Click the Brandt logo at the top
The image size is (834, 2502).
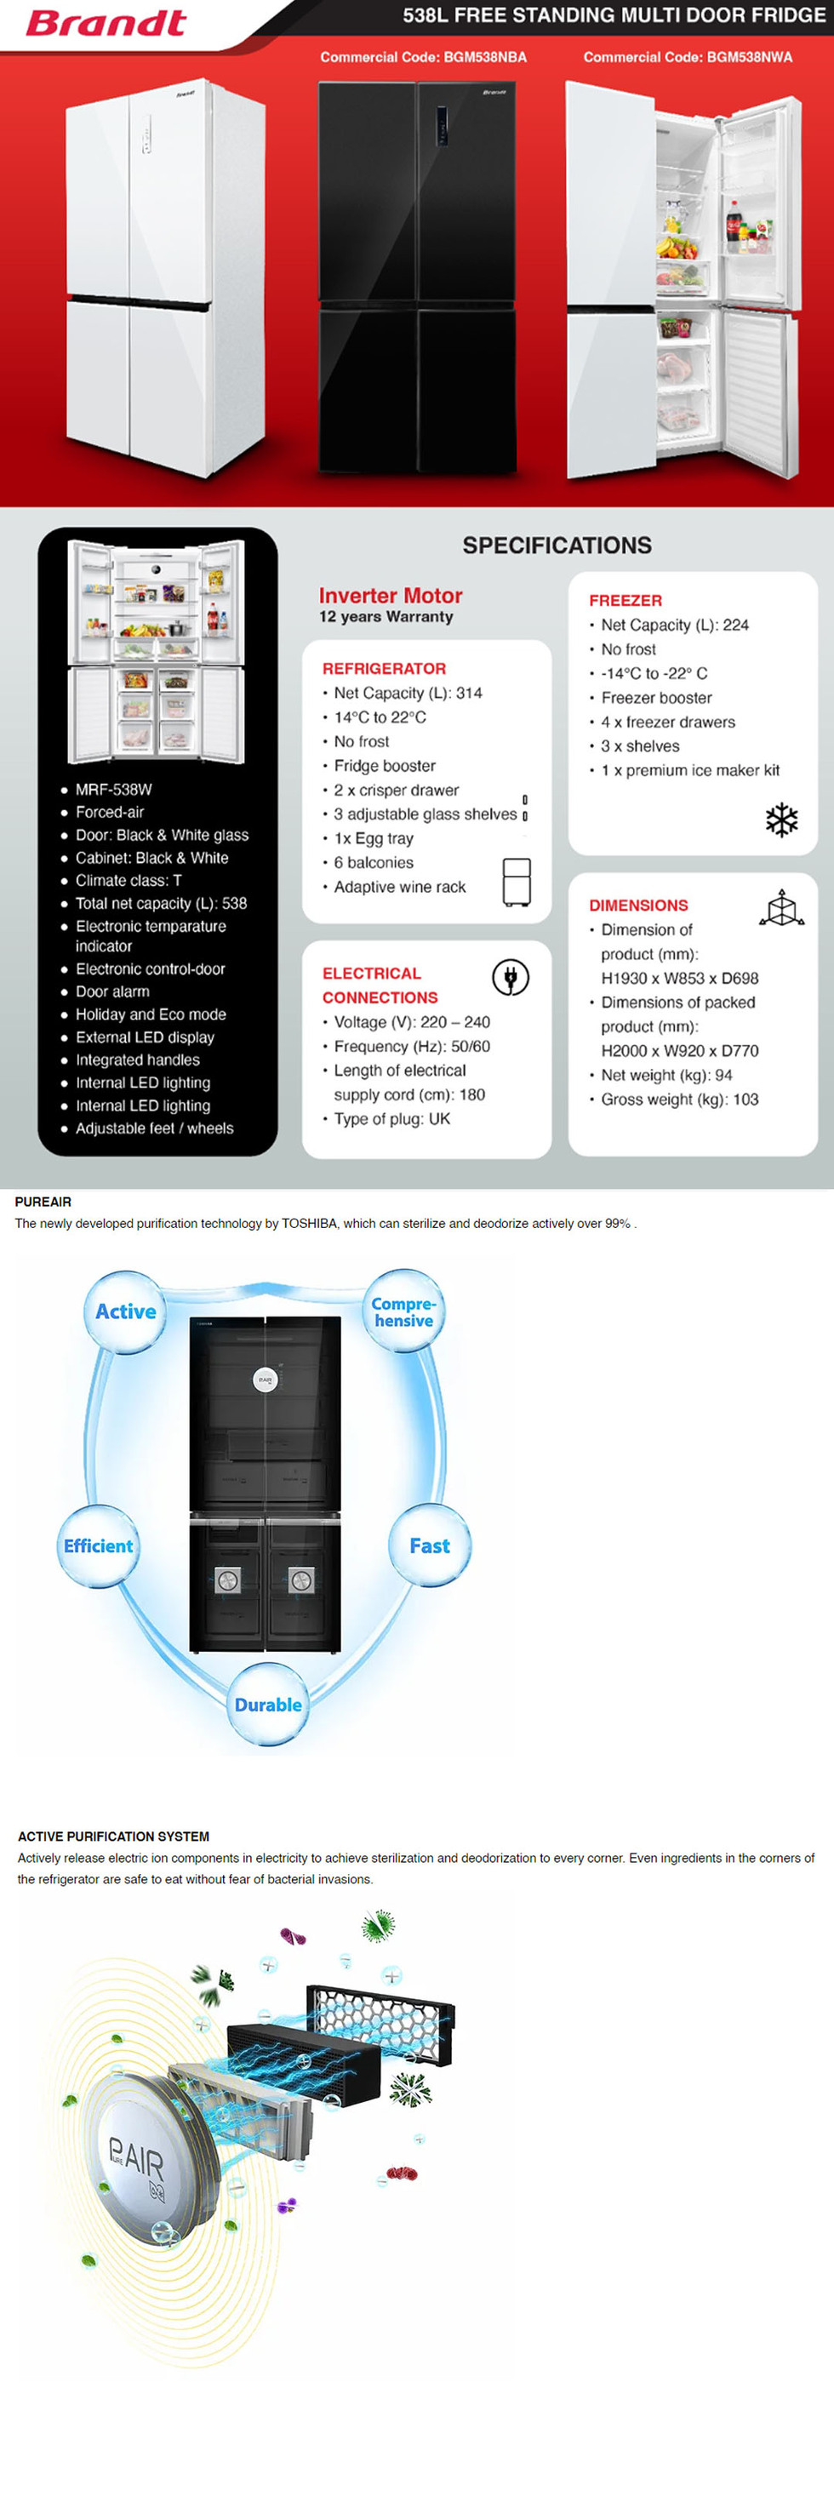point(105,22)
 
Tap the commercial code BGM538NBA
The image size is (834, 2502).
point(423,57)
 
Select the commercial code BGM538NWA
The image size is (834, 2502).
point(688,57)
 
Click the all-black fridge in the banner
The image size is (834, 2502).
point(418,277)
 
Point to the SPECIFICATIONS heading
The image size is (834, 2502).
point(557,545)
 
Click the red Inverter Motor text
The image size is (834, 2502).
point(391,596)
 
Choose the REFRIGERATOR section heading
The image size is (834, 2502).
point(384,668)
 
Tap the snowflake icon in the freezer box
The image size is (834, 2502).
point(781,820)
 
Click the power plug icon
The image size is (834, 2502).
point(510,976)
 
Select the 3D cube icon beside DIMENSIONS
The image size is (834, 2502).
point(781,908)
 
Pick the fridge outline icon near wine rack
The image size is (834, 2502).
point(517,881)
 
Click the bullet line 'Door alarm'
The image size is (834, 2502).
point(112,991)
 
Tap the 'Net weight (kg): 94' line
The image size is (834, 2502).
point(666,1075)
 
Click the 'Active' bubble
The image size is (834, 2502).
point(125,1311)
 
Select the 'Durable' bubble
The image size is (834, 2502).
point(268,1705)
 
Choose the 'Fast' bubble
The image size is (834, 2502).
point(429,1545)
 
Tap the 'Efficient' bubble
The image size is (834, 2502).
point(98,1545)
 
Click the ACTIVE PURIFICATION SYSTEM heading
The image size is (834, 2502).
point(113,1836)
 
